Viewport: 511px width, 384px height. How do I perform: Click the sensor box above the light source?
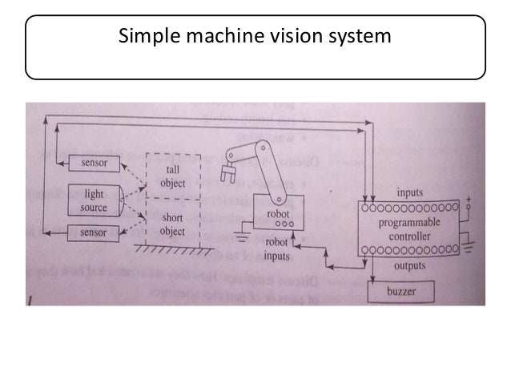(x=95, y=164)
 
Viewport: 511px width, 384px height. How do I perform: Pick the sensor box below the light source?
(x=95, y=232)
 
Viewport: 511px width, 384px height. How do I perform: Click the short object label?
(x=171, y=225)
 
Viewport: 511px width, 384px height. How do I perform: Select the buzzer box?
(x=400, y=290)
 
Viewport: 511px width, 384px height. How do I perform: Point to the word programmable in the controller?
(x=408, y=223)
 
